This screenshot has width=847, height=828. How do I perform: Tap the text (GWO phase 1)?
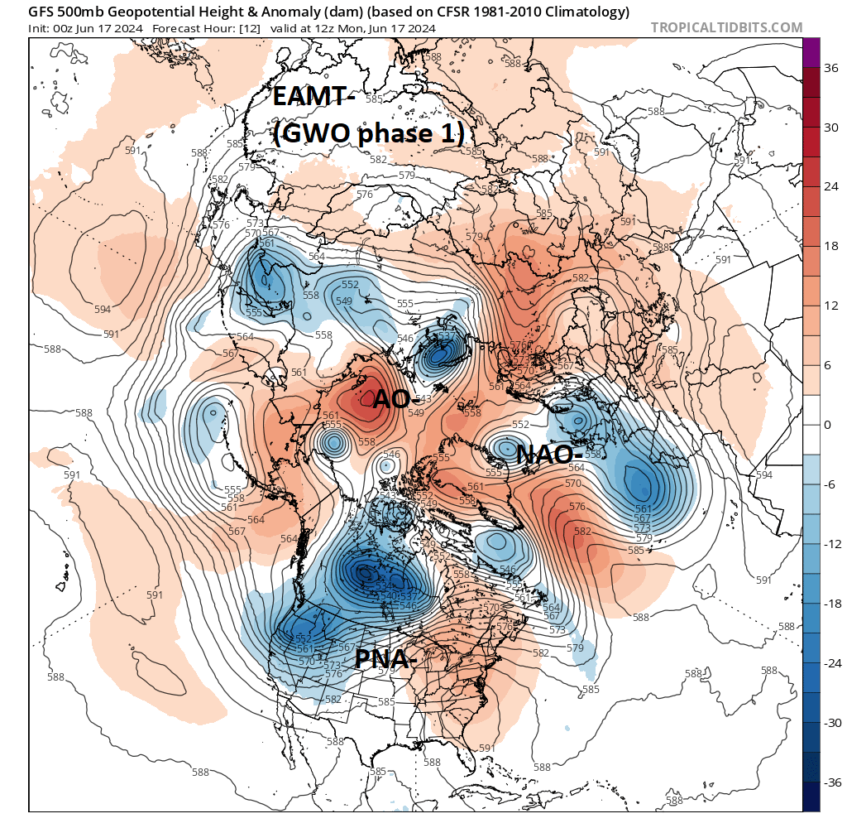pyautogui.click(x=368, y=134)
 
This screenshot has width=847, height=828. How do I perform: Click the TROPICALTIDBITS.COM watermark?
pyautogui.click(x=726, y=27)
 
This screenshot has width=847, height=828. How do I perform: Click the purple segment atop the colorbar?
pyautogui.click(x=811, y=52)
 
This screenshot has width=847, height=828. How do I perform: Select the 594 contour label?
pyautogui.click(x=103, y=309)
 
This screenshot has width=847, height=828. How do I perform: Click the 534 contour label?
pyautogui.click(x=383, y=586)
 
